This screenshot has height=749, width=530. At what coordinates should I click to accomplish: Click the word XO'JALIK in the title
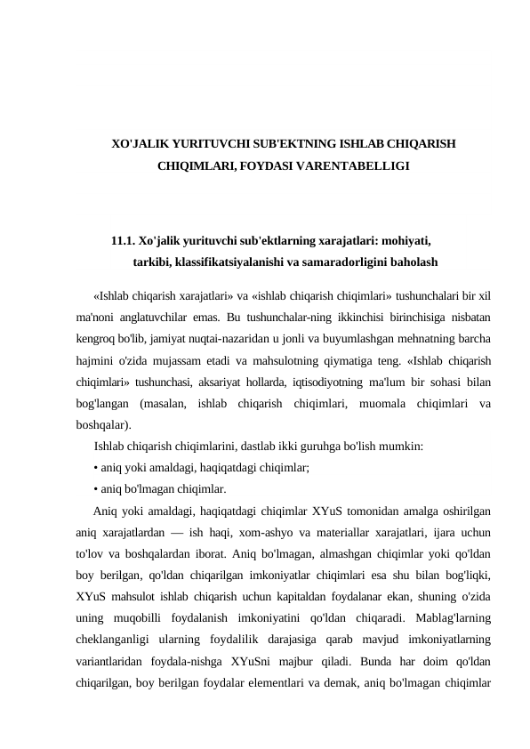tap(136, 142)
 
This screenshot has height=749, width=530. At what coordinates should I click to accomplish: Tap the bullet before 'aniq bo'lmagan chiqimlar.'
tap(95, 488)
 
